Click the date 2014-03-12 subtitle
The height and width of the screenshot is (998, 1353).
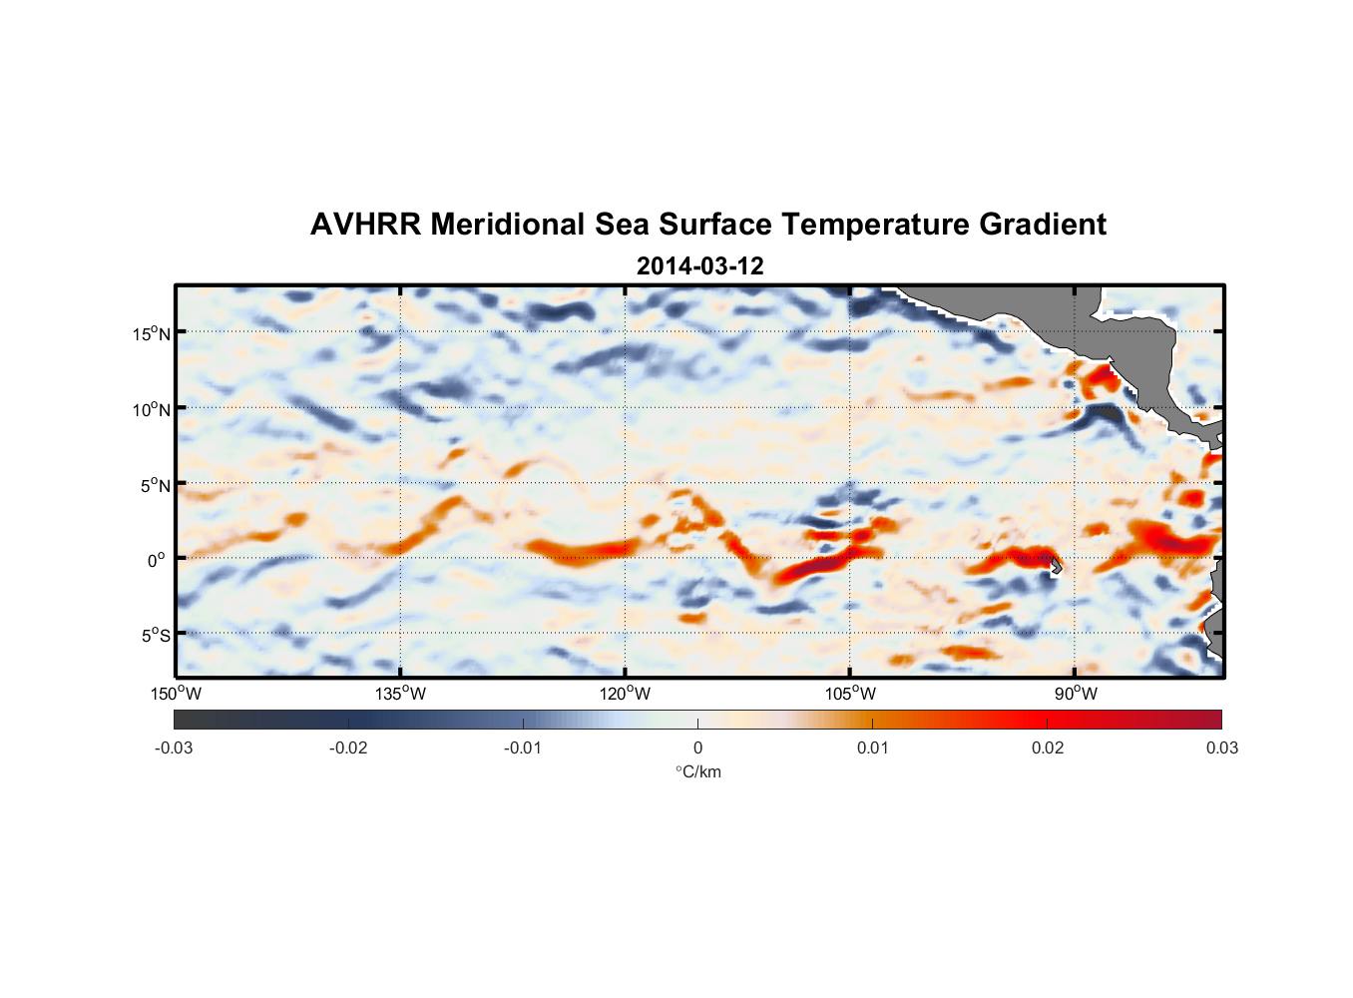click(699, 266)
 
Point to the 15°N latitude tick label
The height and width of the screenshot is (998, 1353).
click(152, 333)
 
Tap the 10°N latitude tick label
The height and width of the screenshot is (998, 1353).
click(152, 409)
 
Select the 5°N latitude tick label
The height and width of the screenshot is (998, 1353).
click(156, 485)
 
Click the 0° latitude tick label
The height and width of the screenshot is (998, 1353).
click(157, 560)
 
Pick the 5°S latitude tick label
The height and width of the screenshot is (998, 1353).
click(156, 636)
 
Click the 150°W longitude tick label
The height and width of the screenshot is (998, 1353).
click(177, 694)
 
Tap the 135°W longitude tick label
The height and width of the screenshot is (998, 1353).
click(401, 694)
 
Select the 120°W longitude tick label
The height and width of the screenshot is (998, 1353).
click(626, 694)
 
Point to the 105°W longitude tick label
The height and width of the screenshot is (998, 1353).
click(850, 694)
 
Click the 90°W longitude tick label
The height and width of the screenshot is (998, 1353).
click(1076, 694)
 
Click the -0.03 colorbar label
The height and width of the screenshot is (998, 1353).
click(174, 748)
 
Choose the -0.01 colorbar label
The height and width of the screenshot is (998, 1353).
click(523, 748)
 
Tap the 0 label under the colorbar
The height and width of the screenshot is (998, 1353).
click(697, 748)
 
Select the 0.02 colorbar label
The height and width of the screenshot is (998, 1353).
click(1048, 748)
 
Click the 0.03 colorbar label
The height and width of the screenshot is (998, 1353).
click(1221, 748)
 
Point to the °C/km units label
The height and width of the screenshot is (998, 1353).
click(697, 771)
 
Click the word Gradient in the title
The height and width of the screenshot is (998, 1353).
click(1042, 225)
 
